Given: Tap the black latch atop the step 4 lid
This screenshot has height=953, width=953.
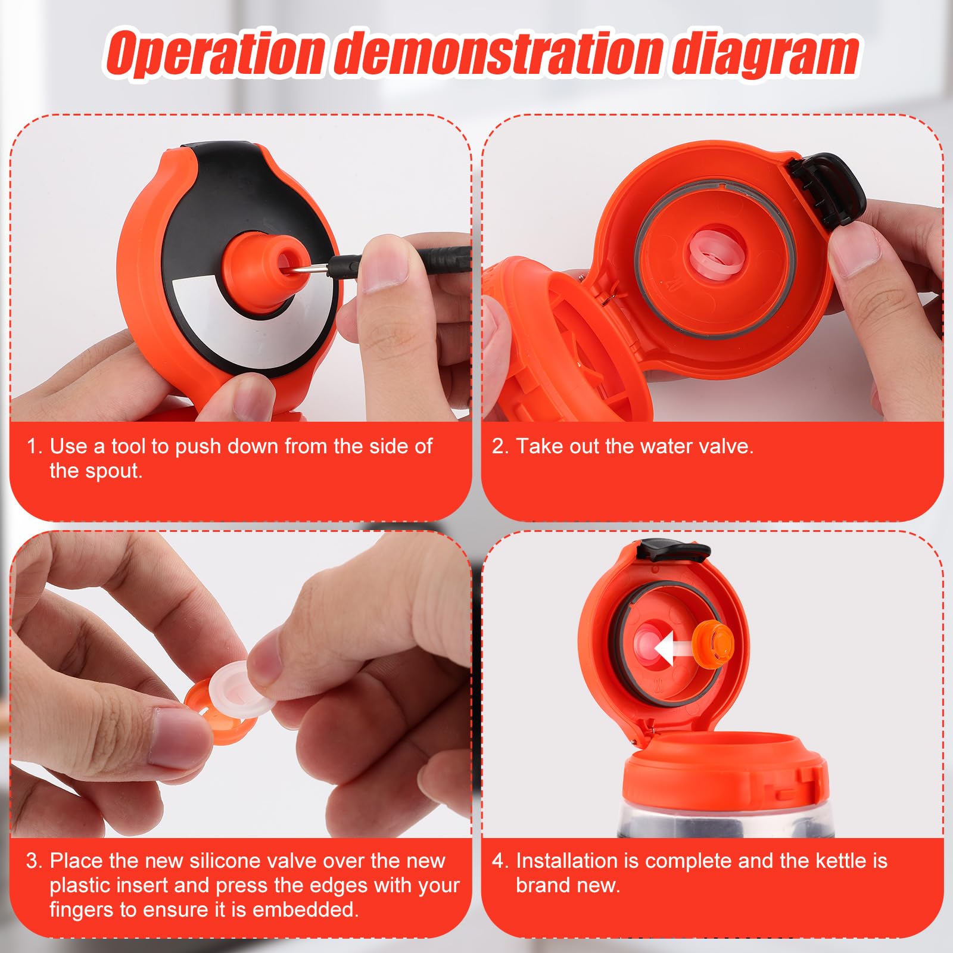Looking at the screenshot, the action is [x=673, y=550].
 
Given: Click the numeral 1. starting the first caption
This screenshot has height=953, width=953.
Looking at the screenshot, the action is [x=35, y=446].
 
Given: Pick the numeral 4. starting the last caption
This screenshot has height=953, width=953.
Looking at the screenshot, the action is [x=500, y=861].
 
